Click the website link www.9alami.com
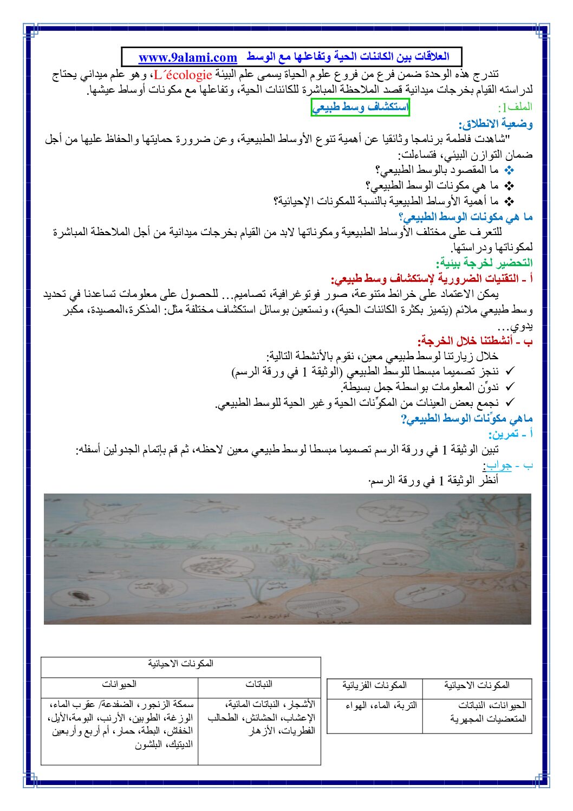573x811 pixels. pos(187,57)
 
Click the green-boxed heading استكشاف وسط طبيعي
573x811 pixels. pos(360,107)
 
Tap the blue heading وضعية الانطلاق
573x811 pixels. pos(496,124)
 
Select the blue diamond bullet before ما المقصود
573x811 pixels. pos(509,171)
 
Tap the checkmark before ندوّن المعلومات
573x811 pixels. pos(509,387)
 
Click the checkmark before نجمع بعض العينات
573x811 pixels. pos(509,403)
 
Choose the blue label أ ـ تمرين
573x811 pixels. pos(510,434)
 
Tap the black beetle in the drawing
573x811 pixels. pos(75,598)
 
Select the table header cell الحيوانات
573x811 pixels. pos(119,685)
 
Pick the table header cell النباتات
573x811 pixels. pos(259,685)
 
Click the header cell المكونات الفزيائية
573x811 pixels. pos(374,686)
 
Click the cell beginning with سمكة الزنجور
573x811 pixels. pos(120,724)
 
